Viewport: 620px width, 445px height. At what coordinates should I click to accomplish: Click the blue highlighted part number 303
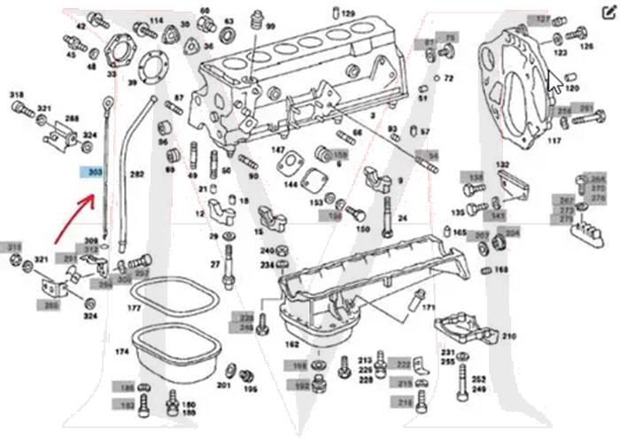tap(91, 173)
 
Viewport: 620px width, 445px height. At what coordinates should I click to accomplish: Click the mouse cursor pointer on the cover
tap(553, 81)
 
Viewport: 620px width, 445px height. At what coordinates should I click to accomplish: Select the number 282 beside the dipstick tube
tap(136, 174)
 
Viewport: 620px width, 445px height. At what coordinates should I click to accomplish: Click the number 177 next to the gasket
tap(135, 309)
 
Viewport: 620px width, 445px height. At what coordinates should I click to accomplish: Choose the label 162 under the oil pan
tap(291, 343)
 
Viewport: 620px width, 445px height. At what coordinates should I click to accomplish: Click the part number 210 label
tap(508, 337)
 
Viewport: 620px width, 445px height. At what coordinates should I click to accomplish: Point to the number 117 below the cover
tap(554, 141)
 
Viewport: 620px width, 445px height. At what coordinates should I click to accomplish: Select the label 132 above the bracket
tap(502, 165)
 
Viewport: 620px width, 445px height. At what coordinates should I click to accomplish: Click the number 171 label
tap(429, 307)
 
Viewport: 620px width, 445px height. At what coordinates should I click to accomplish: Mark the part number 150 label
tap(362, 228)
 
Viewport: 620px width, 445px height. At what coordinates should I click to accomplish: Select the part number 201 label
tap(223, 385)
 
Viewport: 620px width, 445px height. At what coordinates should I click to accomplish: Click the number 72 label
tap(449, 78)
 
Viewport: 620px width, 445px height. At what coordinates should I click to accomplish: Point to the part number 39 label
tap(133, 83)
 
